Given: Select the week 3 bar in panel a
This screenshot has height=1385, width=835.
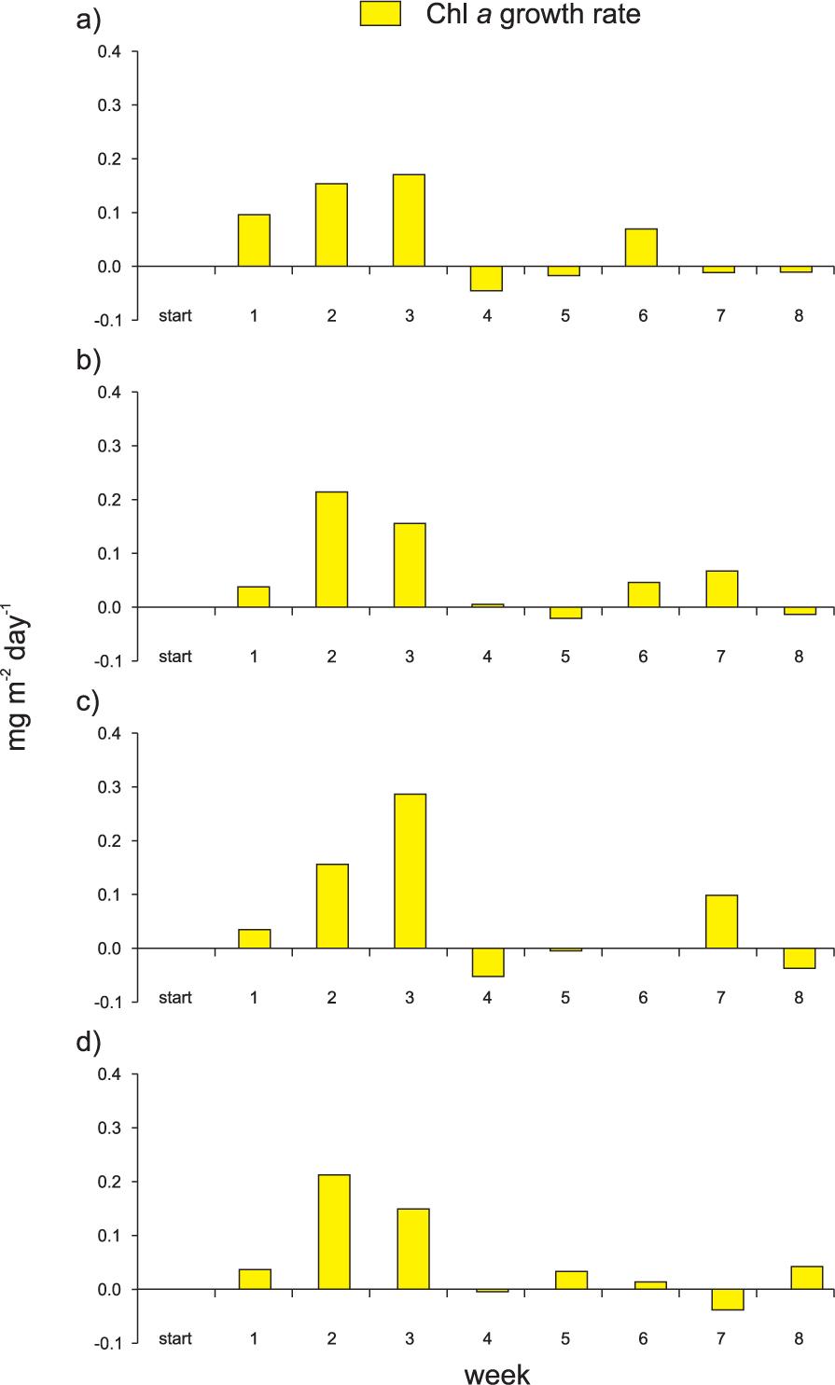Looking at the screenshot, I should (409, 220).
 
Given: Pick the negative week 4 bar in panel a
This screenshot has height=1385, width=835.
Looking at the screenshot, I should (486, 279).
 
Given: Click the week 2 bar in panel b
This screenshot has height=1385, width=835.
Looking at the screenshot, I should (331, 549).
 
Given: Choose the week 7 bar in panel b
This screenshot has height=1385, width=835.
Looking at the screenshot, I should (721, 589).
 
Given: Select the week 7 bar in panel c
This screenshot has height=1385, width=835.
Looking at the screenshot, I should (721, 921).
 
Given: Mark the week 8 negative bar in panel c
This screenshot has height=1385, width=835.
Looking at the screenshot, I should (800, 958).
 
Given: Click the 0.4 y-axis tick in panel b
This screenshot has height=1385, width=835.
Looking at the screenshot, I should (109, 393).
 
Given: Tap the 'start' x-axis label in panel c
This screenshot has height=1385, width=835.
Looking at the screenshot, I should (174, 997).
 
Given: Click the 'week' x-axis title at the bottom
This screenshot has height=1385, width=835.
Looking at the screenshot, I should (497, 1373).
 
